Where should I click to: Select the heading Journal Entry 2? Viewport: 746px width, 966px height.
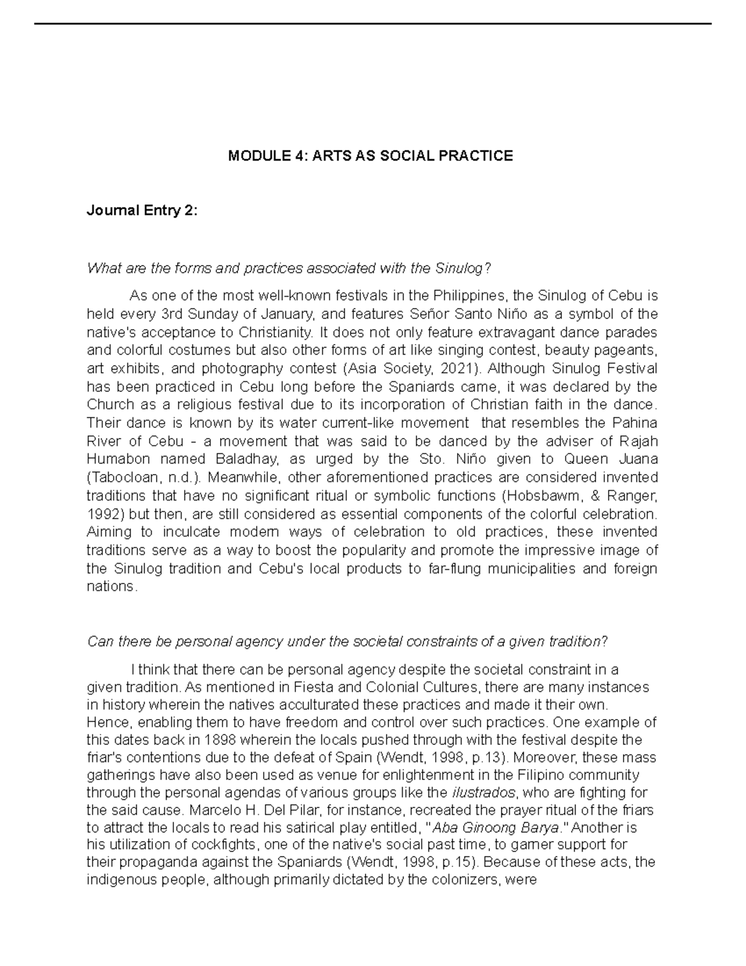click(x=142, y=211)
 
